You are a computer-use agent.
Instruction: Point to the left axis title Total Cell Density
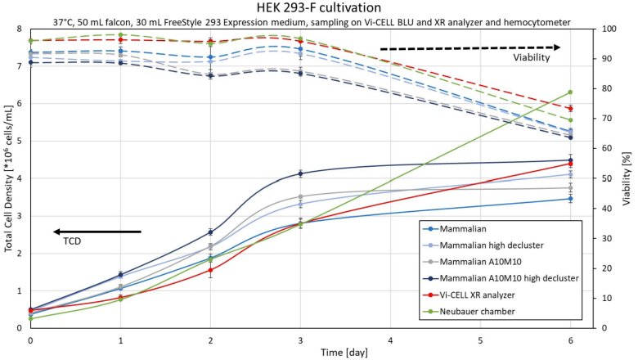pos(8,177)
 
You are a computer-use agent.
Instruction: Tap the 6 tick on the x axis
pos(570,338)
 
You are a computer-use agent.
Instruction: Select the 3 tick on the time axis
pos(300,338)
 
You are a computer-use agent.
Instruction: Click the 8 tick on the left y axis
pos(20,29)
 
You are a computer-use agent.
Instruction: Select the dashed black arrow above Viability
pos(470,48)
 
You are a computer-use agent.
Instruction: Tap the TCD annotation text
pos(73,242)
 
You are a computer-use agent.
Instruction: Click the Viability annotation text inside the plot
pos(532,58)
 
